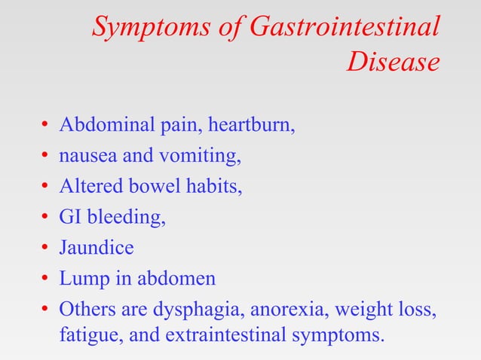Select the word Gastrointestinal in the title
(x=343, y=29)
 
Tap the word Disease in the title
(x=393, y=63)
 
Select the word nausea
(x=83, y=156)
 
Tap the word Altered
(x=88, y=186)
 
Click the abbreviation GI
(x=70, y=217)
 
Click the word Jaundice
(x=97, y=248)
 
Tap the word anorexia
(x=296, y=310)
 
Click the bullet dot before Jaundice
(x=45, y=249)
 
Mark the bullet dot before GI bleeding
(x=45, y=218)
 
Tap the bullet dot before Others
(x=45, y=310)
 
